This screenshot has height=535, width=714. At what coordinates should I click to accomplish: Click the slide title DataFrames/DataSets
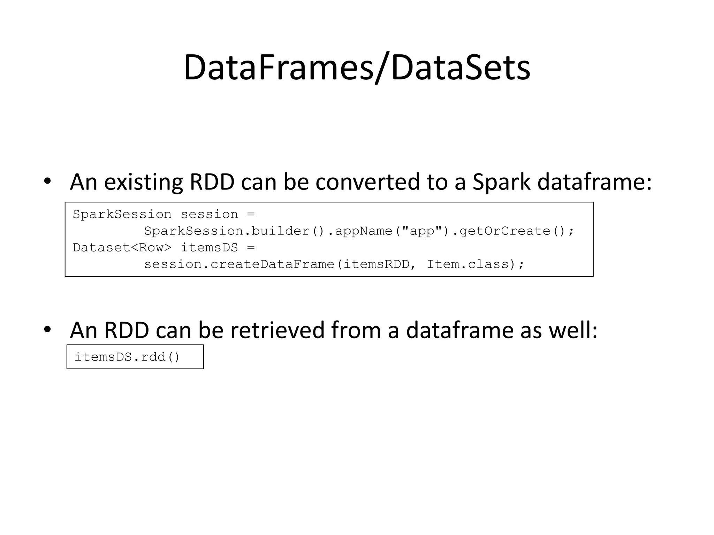(x=357, y=68)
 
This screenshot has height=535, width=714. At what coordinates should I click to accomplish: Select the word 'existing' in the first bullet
(x=143, y=183)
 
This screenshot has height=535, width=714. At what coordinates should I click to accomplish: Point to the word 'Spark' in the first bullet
(x=501, y=183)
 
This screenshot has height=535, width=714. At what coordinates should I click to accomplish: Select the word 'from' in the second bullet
(x=356, y=330)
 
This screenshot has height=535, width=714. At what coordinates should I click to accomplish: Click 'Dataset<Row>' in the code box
(x=122, y=248)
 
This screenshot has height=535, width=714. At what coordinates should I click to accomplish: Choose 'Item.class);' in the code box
(x=476, y=264)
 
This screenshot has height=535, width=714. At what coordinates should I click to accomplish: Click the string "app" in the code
(x=422, y=231)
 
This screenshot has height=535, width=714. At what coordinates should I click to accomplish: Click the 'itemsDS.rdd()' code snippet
(x=127, y=357)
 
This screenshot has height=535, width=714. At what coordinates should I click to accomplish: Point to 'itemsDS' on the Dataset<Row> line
(x=209, y=248)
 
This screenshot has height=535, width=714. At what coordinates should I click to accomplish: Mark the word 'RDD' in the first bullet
(x=212, y=182)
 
